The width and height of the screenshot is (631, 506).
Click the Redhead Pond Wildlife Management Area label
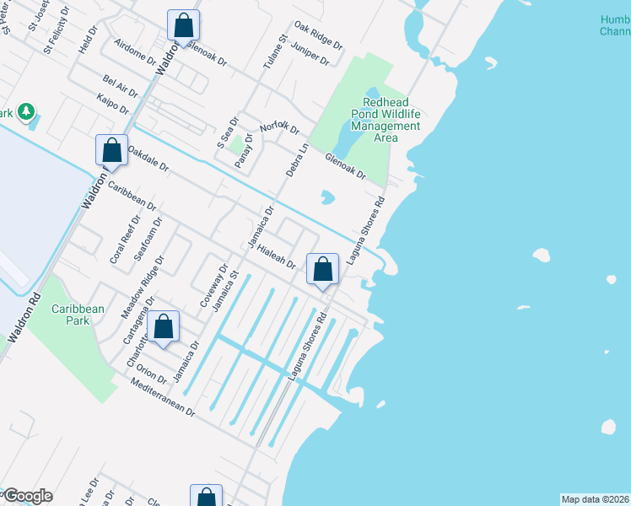386,120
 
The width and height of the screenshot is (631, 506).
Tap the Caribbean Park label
78,315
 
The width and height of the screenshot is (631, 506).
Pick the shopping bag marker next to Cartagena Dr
164,327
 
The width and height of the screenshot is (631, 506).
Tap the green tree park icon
26,111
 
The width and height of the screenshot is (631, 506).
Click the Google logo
27,496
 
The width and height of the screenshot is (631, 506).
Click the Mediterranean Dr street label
164,398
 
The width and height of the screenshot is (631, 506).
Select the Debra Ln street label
297,159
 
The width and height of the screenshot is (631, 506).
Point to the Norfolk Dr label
280,127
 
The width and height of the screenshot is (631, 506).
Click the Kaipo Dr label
112,105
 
